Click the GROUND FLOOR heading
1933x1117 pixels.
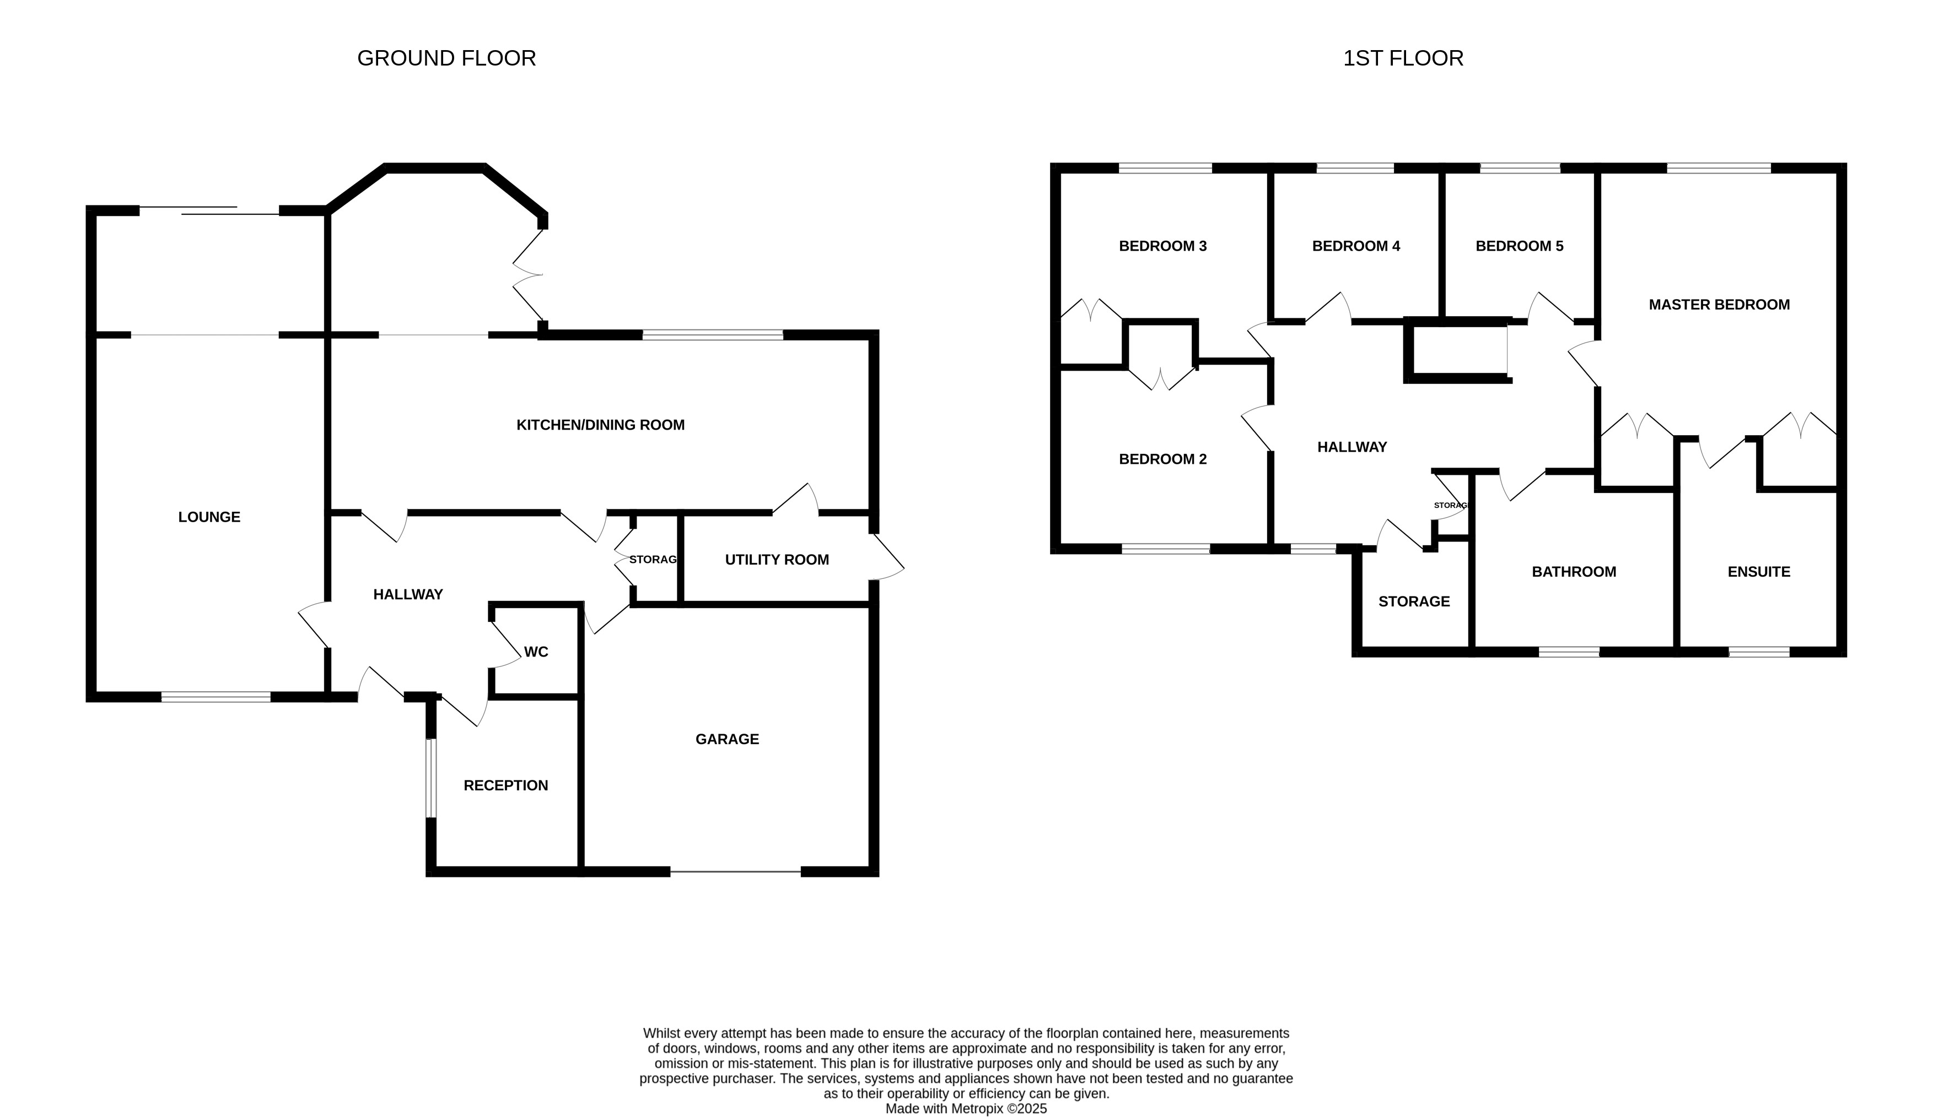446,58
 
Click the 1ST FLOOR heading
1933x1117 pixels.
1403,58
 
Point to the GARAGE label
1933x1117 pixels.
727,740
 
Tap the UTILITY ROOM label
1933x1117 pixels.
777,560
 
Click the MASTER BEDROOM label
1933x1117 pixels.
1719,305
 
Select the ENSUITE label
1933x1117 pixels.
1759,572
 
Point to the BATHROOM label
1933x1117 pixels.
1574,572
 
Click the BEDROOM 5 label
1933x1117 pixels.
1520,246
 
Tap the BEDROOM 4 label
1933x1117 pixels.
1356,246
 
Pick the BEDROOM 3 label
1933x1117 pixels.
1163,246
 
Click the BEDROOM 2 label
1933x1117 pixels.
1163,460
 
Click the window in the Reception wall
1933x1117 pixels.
431,778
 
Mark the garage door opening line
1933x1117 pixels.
736,872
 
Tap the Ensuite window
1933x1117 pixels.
1759,653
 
